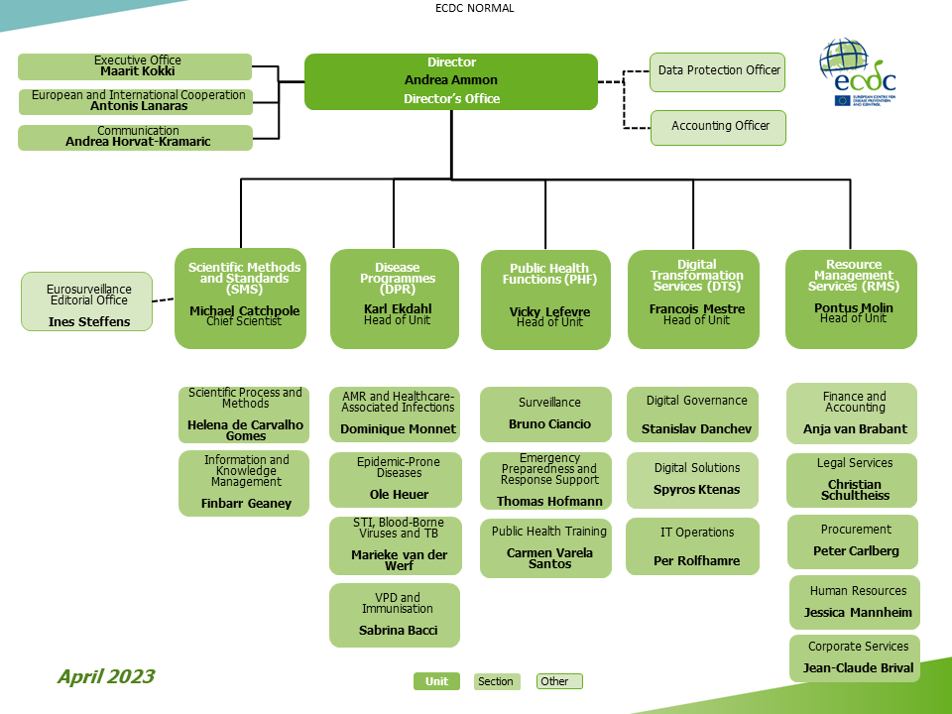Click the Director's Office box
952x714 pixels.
451,81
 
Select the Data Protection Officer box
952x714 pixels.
718,71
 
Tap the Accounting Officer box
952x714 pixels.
718,127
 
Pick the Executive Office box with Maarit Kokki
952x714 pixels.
135,66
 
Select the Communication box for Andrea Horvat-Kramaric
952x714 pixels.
135,137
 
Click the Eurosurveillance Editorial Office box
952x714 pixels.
87,301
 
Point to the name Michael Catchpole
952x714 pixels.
244,310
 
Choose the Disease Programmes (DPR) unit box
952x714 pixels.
395,298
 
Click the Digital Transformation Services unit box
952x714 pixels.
693,298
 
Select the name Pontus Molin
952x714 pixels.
853,307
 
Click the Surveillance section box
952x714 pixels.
545,414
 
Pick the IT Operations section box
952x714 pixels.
693,546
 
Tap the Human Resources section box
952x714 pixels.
856,602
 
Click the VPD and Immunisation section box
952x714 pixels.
395,615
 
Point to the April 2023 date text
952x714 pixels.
105,676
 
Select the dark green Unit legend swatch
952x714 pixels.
436,681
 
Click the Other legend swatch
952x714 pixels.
558,681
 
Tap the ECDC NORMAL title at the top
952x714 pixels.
475,8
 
